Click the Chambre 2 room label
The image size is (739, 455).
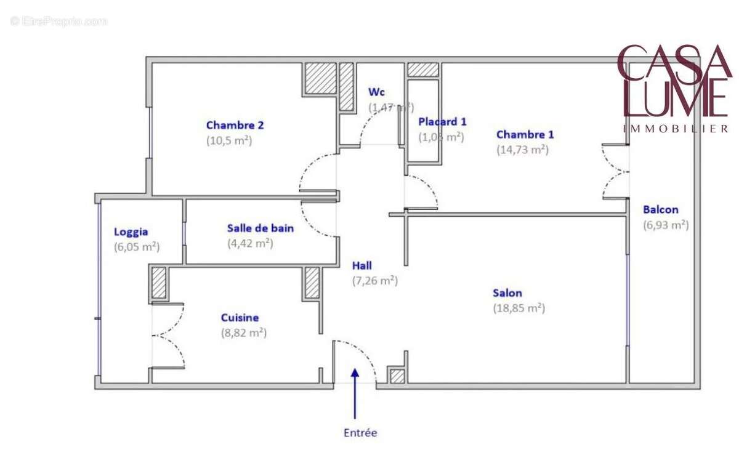235,125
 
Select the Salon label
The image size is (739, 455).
507,293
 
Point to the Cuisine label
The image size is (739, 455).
240,318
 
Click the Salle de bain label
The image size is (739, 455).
260,228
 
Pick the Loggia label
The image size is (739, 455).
131,232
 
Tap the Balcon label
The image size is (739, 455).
660,210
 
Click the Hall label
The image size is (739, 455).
362,266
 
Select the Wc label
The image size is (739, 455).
376,92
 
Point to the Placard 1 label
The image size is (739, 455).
442,122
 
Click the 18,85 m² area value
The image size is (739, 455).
519,308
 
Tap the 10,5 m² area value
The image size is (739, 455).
229,140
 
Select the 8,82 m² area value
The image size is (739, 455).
244,332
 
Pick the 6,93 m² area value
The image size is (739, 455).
665,225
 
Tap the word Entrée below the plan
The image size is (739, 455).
360,433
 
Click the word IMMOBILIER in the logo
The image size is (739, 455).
676,129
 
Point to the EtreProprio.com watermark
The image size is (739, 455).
59,21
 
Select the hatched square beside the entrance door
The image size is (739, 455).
398,376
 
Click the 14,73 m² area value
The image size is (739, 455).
522,149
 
